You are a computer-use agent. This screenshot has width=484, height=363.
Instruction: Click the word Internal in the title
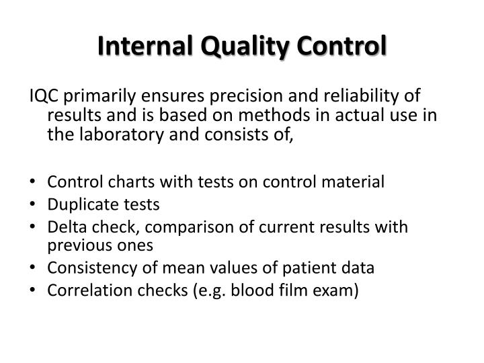(138, 48)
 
